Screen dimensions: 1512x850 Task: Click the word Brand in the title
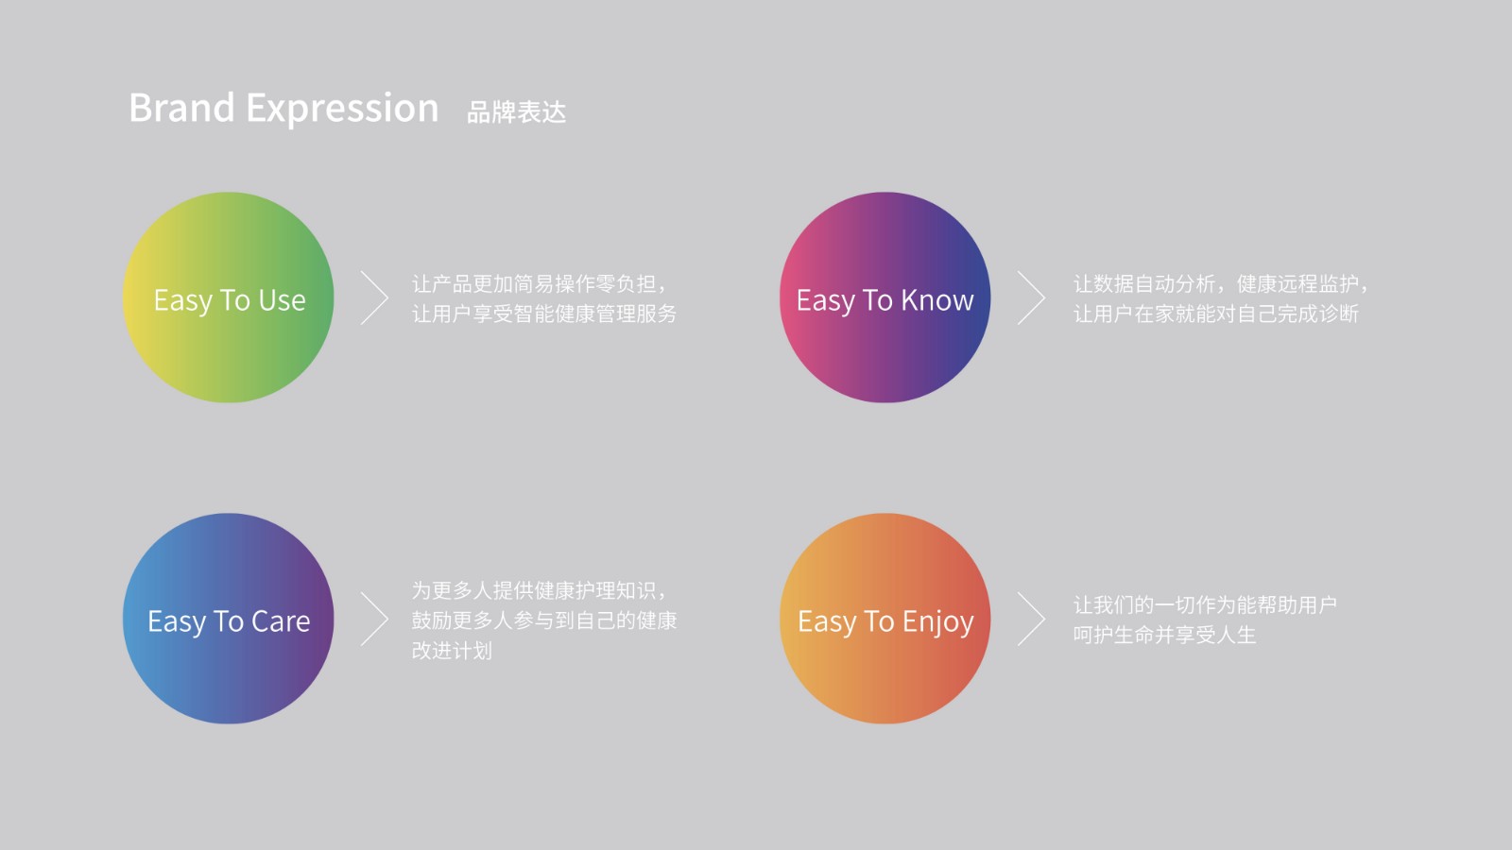pyautogui.click(x=181, y=108)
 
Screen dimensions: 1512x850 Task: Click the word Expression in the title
pyautogui.click(x=342, y=110)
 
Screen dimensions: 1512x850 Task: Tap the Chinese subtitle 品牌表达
pyautogui.click(x=516, y=112)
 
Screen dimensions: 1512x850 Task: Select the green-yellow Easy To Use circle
pyautogui.click(x=228, y=297)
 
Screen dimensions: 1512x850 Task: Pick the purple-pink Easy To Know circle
pyautogui.click(x=885, y=297)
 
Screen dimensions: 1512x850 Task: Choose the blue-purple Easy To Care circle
pyautogui.click(x=228, y=619)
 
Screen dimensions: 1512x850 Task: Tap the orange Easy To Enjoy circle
pyautogui.click(x=885, y=619)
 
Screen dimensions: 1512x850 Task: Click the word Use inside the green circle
pyautogui.click(x=283, y=300)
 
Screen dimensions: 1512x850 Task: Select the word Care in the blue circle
pyautogui.click(x=281, y=621)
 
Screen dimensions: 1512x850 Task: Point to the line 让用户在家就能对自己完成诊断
pyautogui.click(x=1215, y=314)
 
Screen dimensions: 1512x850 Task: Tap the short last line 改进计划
pyautogui.click(x=453, y=651)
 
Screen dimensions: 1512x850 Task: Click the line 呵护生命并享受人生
pyautogui.click(x=1164, y=635)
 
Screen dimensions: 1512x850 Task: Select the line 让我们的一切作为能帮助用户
pyautogui.click(x=1205, y=605)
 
